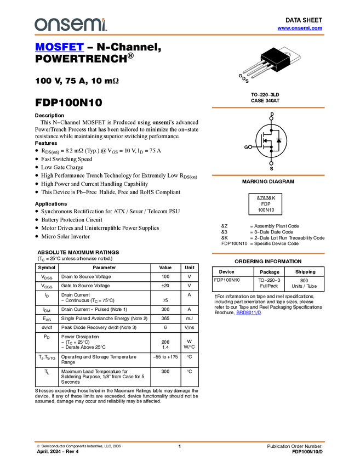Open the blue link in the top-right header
point(300,28)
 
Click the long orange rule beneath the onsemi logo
point(180,35)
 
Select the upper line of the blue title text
point(59,44)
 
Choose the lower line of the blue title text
point(59,50)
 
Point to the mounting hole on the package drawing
point(288,54)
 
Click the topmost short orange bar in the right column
point(268,108)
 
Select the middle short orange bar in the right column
point(268,175)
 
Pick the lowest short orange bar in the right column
point(268,253)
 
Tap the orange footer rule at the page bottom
point(180,441)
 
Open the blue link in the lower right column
point(249,312)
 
